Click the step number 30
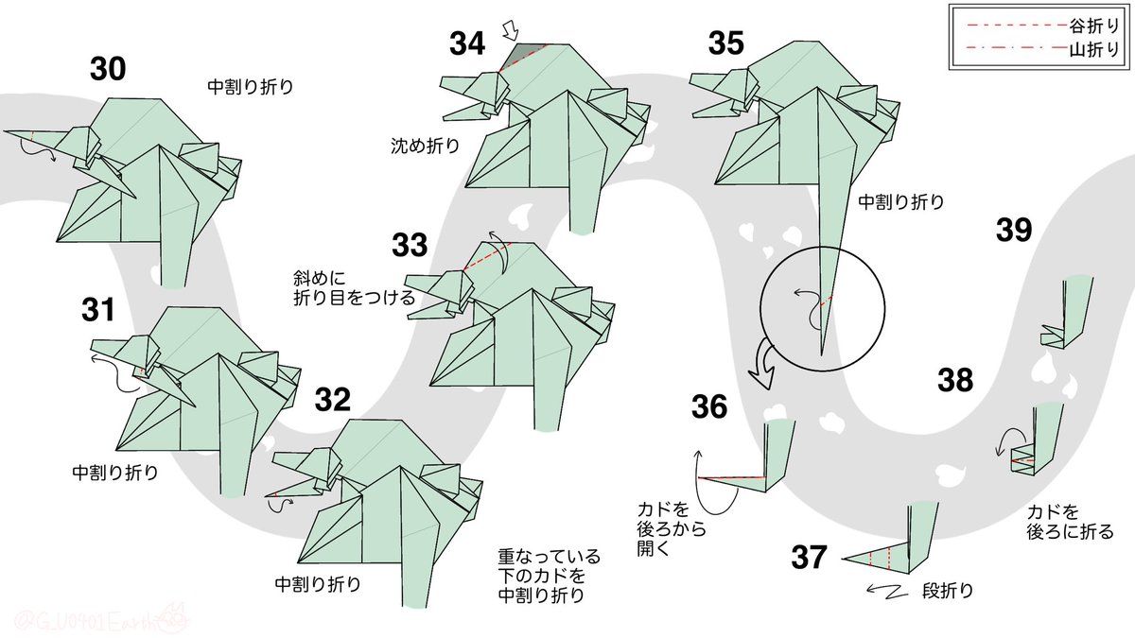108,69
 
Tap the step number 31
97,310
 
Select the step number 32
332,400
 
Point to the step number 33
410,245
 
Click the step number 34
466,43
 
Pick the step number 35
726,43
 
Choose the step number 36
709,406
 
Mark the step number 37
809,557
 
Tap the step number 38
955,380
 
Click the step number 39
1014,230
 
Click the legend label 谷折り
1094,26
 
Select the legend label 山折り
1094,49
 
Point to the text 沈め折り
425,146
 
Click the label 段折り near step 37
948,591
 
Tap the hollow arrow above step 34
511,30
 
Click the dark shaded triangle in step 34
522,55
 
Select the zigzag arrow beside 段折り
887,591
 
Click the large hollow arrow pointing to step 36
761,366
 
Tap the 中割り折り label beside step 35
901,202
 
